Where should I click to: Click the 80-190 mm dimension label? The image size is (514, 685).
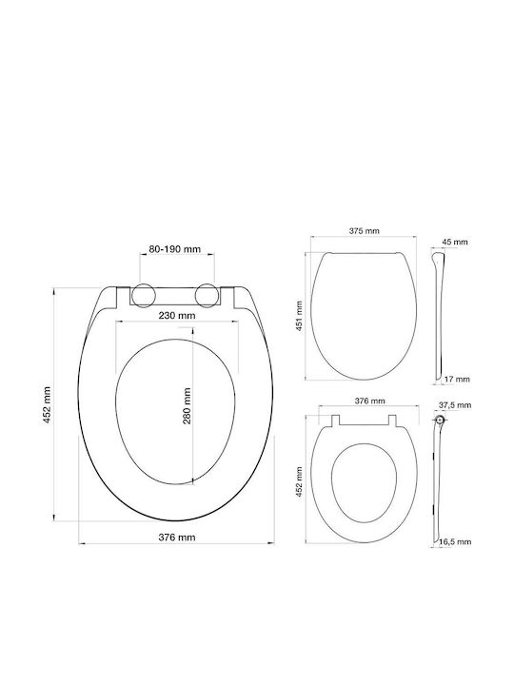tap(175, 249)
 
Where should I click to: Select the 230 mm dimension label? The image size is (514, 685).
tap(177, 315)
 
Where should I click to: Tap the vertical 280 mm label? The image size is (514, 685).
tap(188, 406)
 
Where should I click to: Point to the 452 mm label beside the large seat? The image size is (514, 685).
tap(47, 405)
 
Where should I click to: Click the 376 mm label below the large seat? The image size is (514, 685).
tap(177, 537)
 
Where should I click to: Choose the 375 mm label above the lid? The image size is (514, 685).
tap(364, 230)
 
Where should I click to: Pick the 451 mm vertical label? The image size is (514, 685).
tap(300, 316)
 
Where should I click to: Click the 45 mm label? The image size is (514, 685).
tap(455, 242)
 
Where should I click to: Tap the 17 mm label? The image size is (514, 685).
tap(457, 379)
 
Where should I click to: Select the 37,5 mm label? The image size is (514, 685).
tap(455, 405)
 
